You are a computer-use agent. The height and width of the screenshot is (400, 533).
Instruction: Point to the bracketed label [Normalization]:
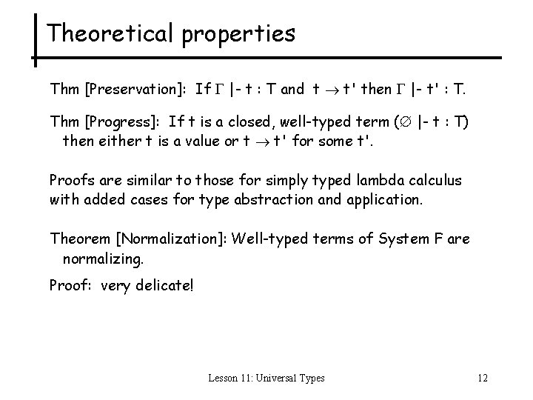pos(168,239)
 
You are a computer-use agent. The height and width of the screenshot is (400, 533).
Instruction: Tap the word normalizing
pos(103,259)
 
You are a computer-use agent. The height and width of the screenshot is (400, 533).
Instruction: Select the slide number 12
pos(483,379)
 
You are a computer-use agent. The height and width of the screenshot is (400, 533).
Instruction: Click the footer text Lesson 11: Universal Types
pos(266,379)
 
